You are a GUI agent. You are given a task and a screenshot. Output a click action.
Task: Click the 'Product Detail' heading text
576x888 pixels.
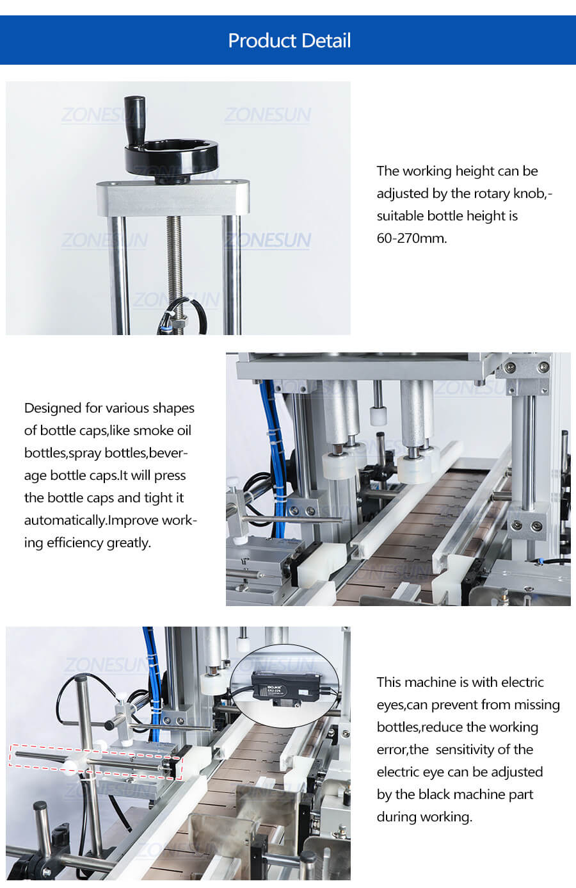289,40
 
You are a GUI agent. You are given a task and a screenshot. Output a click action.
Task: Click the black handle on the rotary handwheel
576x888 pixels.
134,115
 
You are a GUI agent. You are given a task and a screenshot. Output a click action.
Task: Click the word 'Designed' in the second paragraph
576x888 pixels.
52,408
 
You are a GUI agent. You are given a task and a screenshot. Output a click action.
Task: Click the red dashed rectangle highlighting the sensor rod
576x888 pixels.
96,762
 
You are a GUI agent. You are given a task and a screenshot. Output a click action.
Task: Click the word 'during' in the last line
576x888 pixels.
397,817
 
